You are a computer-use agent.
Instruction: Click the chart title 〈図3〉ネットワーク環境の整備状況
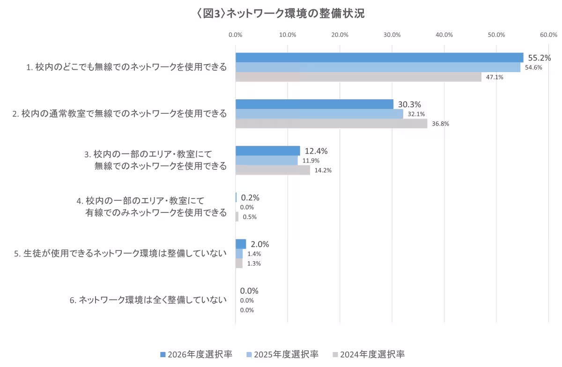pyautogui.click(x=281, y=14)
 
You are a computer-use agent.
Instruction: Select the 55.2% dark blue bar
pyautogui.click(x=379, y=58)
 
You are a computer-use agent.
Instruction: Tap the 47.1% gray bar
pyautogui.click(x=358, y=77)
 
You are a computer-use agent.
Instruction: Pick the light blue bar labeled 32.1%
pyautogui.click(x=319, y=114)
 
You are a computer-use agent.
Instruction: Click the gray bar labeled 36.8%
pyautogui.click(x=331, y=124)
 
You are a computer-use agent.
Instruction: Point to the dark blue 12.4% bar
pyautogui.click(x=267, y=151)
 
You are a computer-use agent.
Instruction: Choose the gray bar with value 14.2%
pyautogui.click(x=273, y=170)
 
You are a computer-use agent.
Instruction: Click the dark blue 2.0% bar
pyautogui.click(x=240, y=244)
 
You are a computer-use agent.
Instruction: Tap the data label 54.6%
pyautogui.click(x=533, y=67)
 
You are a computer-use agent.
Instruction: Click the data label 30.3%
pyautogui.click(x=409, y=104)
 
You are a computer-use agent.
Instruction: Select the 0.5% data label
pyautogui.click(x=250, y=217)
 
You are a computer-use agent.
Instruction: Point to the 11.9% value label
pyautogui.click(x=311, y=161)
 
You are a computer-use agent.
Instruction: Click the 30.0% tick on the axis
pyautogui.click(x=392, y=35)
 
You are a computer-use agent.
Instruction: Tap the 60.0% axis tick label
pyautogui.click(x=548, y=35)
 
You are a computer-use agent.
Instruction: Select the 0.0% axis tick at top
pyautogui.click(x=235, y=35)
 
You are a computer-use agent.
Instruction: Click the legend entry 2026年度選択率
pyautogui.click(x=196, y=354)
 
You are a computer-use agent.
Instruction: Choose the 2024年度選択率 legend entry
pyautogui.click(x=369, y=354)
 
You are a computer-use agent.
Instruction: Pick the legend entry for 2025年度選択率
pyautogui.click(x=282, y=354)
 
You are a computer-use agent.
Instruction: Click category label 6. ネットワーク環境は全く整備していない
pyautogui.click(x=148, y=301)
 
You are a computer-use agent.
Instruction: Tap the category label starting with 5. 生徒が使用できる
pyautogui.click(x=120, y=254)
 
